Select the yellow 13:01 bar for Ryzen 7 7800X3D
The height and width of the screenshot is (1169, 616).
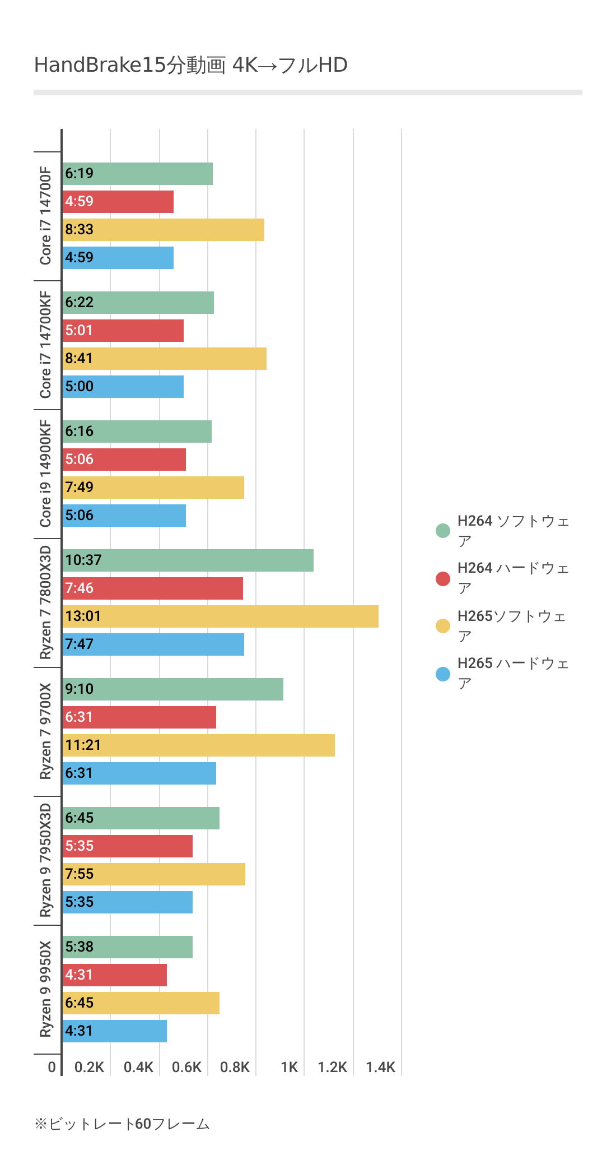[220, 616]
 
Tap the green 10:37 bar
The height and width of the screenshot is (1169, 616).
[188, 560]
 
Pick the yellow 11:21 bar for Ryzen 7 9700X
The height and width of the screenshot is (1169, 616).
[198, 745]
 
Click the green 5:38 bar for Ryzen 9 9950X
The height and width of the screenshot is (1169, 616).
[127, 947]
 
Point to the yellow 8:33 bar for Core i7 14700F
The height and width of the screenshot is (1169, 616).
[163, 230]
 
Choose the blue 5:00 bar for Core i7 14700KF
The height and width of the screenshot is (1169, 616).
[123, 387]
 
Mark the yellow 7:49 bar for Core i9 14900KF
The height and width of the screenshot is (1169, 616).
[153, 488]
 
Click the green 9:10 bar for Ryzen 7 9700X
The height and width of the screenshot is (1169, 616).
[172, 689]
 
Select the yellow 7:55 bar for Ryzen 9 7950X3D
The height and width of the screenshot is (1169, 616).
[153, 874]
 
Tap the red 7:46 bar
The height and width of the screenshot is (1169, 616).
[152, 588]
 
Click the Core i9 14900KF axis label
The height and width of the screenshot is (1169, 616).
[45, 474]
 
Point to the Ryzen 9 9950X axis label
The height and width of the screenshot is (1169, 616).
[45, 989]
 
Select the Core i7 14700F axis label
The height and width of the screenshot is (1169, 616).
[45, 216]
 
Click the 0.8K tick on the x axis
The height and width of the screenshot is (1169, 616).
[235, 1067]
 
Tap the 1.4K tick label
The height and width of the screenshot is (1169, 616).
[380, 1067]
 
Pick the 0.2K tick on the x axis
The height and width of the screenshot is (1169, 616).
[89, 1067]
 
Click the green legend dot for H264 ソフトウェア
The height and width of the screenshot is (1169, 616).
[443, 531]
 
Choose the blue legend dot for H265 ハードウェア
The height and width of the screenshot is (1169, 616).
[443, 674]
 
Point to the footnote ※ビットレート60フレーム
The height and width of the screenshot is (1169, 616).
[122, 1124]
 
